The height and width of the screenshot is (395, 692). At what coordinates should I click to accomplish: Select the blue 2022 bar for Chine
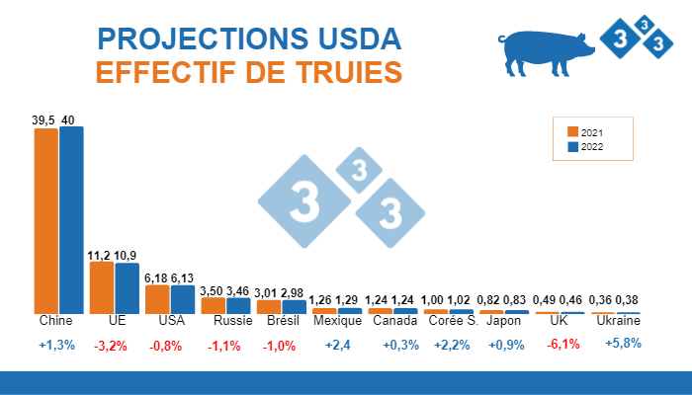pos(71,220)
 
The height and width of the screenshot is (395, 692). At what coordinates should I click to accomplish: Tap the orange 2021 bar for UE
pos(102,287)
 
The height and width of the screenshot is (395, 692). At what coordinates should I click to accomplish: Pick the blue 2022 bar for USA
pos(183,299)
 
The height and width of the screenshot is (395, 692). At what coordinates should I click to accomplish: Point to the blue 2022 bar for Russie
pos(238,305)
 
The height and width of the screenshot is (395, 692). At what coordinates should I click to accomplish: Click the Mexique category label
pos(336,322)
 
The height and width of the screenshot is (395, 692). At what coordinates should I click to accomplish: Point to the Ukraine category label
pos(616,322)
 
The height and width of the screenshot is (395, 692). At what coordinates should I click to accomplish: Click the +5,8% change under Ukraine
pos(623,344)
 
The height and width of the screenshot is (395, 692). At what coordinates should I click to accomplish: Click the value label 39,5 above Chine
pos(43,120)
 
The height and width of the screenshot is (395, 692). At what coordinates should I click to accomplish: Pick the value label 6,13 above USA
pos(182,278)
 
